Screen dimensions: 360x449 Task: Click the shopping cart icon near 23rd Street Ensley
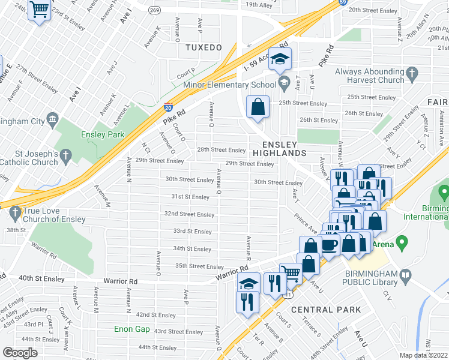40,10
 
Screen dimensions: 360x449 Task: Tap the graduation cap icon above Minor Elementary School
279,59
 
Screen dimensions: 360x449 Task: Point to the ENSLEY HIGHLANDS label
283,149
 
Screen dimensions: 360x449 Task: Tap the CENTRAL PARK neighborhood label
326,310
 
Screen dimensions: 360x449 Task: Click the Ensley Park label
103,134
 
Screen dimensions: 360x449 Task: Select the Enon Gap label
133,329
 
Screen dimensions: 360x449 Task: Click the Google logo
20,353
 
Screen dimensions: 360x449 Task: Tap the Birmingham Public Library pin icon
406,277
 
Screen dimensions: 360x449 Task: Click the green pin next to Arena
403,244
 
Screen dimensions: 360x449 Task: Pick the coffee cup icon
330,245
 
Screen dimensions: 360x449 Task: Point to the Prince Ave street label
306,222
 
